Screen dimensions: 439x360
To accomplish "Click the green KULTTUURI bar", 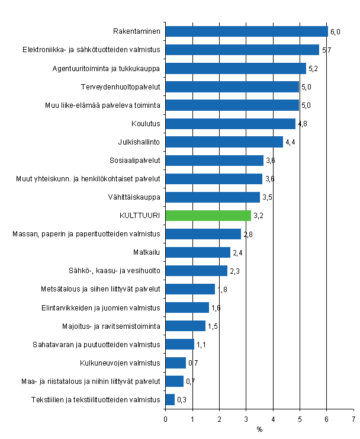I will [x=208, y=215].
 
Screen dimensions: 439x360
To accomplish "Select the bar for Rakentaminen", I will [x=246, y=31].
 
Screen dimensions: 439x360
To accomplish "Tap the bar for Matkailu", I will [x=198, y=252].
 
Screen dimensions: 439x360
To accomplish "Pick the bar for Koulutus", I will [x=230, y=123].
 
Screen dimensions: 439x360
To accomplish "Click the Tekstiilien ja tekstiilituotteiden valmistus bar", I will [x=170, y=399].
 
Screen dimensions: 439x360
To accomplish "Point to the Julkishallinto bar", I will [x=224, y=142].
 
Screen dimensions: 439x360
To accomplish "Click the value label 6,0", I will [x=335, y=31].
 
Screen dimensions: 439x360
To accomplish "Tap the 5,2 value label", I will [x=313, y=68].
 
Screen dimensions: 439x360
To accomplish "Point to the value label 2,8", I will [x=249, y=234].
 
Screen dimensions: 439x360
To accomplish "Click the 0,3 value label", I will [x=182, y=399].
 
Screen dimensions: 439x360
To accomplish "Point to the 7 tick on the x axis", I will [x=353, y=418].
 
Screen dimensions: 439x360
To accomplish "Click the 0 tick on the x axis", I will [x=166, y=418].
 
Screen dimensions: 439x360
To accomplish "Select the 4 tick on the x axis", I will [x=273, y=418].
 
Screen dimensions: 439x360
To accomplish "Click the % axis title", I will [x=259, y=429].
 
